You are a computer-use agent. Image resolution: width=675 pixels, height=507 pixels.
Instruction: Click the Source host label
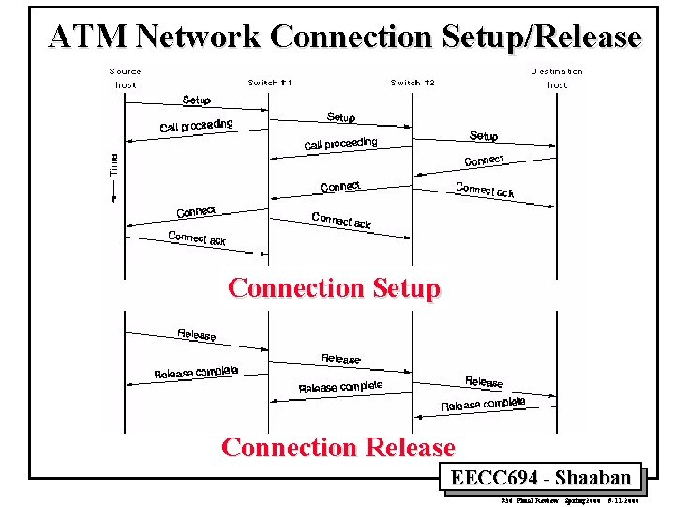126,78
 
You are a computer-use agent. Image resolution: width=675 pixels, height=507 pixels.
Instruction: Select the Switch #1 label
270,83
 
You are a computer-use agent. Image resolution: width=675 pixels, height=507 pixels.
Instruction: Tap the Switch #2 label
412,83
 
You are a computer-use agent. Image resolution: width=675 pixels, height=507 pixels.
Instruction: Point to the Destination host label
557,78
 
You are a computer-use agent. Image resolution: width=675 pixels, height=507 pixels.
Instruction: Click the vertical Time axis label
114,167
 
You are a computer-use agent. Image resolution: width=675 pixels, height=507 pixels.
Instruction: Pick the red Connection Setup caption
334,287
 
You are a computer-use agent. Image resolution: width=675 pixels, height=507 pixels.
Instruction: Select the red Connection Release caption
338,448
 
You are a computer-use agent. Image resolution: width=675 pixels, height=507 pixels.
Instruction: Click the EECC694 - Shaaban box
540,478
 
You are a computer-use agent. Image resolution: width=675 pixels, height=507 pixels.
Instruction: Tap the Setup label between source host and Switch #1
197,100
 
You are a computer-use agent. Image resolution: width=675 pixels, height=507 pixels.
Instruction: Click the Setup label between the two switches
341,117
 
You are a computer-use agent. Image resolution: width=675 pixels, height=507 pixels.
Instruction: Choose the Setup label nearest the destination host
484,136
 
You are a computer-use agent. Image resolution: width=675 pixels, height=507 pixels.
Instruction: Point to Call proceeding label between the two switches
340,144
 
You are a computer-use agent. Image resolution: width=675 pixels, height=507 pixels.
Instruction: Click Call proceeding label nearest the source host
196,126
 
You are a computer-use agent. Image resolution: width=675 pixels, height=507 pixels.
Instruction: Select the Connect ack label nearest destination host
485,190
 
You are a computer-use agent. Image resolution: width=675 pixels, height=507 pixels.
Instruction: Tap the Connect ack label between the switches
341,220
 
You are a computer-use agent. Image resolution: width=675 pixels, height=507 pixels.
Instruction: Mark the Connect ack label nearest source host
197,238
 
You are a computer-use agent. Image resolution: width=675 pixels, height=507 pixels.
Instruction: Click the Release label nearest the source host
197,333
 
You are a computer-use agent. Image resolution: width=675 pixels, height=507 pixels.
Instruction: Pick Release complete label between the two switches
340,387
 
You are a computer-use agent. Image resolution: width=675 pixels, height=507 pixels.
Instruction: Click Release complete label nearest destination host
483,405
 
